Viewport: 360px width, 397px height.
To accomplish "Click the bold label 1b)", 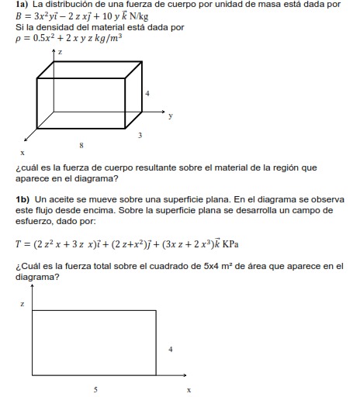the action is pos(22,199).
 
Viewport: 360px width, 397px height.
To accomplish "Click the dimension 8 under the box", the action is pos(81,144).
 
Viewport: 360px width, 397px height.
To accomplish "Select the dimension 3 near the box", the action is pos(140,136).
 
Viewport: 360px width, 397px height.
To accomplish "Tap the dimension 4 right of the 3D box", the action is pos(147,93).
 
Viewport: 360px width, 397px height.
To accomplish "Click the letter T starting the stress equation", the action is pos(18,244).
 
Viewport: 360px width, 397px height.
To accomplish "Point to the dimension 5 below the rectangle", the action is pos(95,389).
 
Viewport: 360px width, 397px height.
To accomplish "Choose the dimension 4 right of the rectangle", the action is pos(170,349).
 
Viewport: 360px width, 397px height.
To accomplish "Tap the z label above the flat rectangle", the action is pos(22,305).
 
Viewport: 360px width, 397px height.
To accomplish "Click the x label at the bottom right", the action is pos(189,388).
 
